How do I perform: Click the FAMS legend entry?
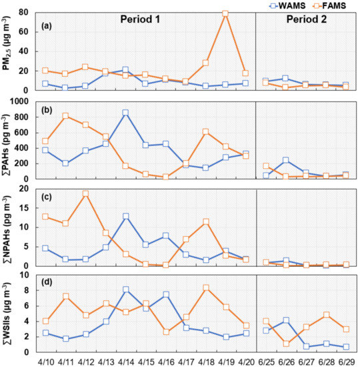pyautogui.click(x=332, y=5)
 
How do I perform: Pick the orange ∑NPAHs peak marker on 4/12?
pyautogui.click(x=85, y=194)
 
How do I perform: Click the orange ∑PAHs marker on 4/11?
pyautogui.click(x=65, y=116)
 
